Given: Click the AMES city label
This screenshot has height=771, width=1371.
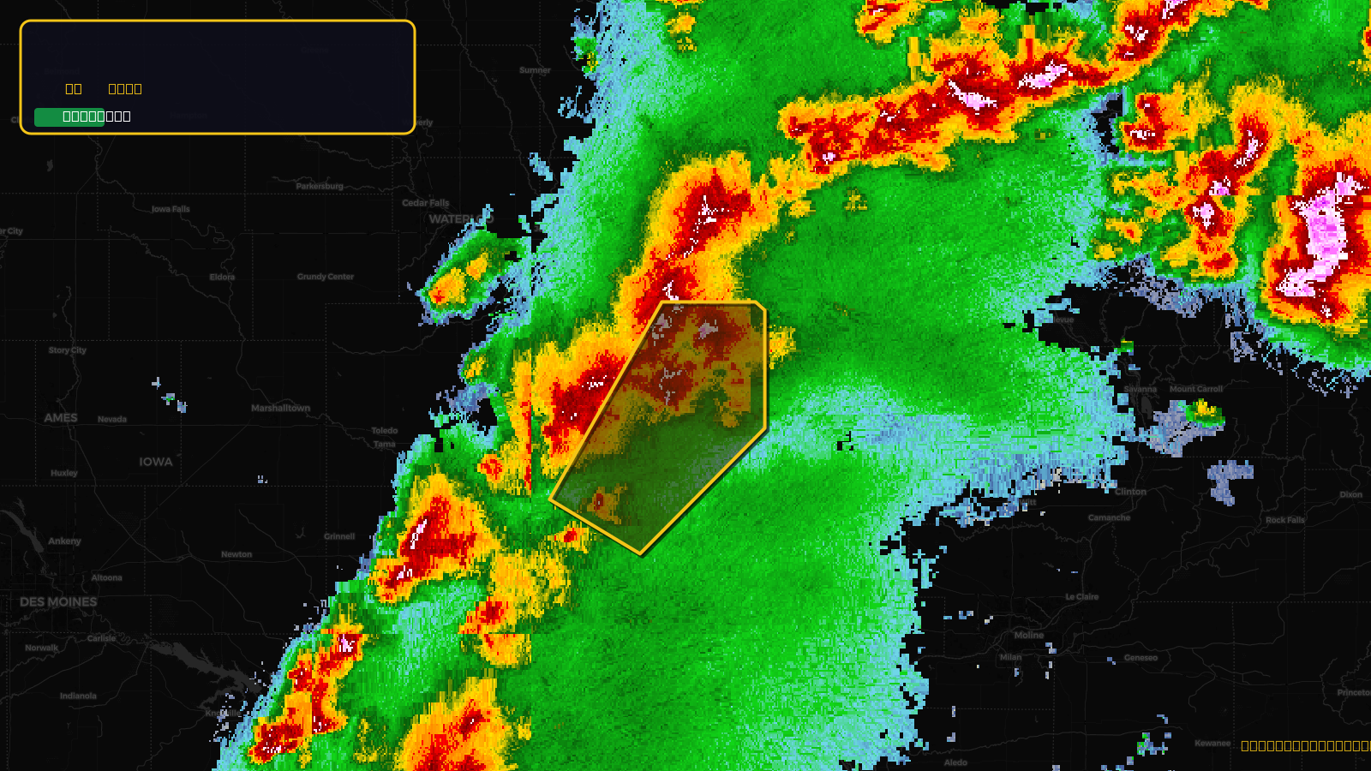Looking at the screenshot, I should [x=61, y=418].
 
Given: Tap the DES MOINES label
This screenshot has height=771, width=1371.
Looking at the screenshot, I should [x=58, y=602].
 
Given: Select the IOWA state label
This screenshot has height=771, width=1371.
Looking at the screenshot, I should [x=156, y=462].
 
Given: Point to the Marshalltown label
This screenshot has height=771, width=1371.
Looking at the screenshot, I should [x=280, y=408].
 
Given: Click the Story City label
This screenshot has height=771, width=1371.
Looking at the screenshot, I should [x=67, y=350].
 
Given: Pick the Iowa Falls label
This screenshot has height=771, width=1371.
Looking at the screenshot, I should [x=171, y=209].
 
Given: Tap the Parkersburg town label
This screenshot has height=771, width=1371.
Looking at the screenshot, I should [x=320, y=186].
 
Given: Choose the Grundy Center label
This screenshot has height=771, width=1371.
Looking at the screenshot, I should [x=325, y=277].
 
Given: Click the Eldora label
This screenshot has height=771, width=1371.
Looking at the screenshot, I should [x=222, y=277].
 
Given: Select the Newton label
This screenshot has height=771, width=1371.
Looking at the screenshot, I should [x=236, y=554].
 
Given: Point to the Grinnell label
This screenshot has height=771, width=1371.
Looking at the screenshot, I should [x=339, y=536].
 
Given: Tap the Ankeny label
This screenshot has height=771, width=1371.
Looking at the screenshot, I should [x=64, y=541].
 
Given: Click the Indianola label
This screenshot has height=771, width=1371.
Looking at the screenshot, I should [x=78, y=696].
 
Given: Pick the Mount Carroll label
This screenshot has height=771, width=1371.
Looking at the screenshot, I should [x=1196, y=389].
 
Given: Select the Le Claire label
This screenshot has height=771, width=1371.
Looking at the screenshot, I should [x=1081, y=597].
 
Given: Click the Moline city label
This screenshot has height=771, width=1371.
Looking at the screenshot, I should [x=1029, y=636].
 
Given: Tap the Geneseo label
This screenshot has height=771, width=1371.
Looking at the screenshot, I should [x=1141, y=658].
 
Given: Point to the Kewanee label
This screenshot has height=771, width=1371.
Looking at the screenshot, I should [x=1212, y=743].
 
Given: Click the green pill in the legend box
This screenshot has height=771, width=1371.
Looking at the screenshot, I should [x=69, y=117].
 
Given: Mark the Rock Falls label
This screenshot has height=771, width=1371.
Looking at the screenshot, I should [x=1285, y=520].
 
